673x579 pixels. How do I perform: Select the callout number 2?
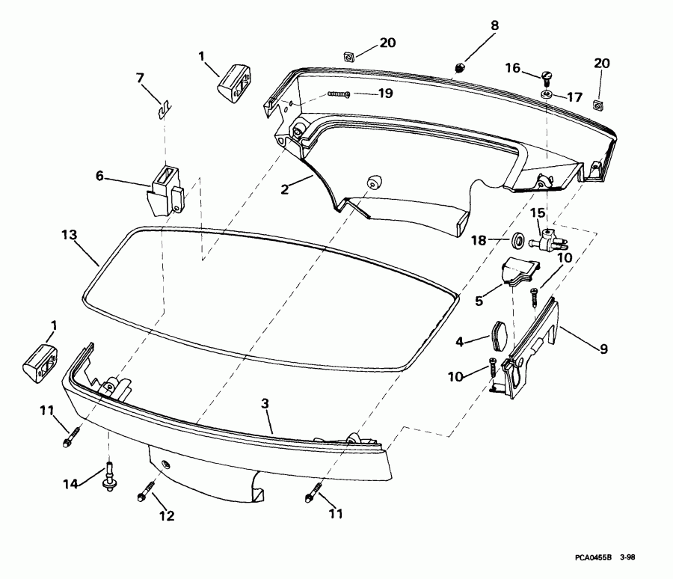[x=285, y=189]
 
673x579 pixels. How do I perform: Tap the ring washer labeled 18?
[x=517, y=241]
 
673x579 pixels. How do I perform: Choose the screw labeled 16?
[x=546, y=75]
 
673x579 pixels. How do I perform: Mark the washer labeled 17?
[x=547, y=96]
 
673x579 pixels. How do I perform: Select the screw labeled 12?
[x=145, y=494]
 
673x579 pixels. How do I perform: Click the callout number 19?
[x=384, y=94]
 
